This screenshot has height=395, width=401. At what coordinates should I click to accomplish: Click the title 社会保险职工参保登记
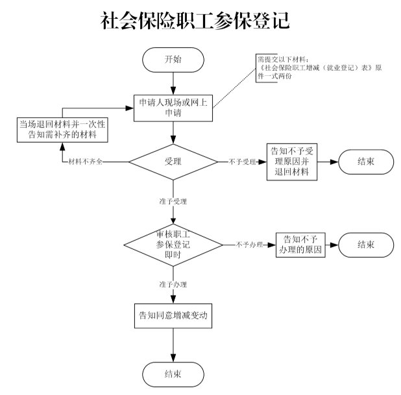(195, 21)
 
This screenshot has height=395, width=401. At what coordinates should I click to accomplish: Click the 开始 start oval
(173, 59)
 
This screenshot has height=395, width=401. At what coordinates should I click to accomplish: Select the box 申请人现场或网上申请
(173, 107)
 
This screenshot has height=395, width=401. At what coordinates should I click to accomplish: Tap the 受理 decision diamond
(173, 161)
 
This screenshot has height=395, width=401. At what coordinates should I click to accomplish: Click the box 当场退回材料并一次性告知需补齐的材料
(62, 129)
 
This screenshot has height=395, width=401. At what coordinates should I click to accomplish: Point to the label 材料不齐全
(86, 162)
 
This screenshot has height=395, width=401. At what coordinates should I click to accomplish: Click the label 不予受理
(242, 162)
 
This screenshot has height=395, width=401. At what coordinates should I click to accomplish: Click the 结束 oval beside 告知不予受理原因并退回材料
(365, 162)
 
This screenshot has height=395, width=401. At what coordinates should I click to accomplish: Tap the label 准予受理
(173, 202)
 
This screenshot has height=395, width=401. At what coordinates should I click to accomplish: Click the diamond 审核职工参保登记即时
(173, 245)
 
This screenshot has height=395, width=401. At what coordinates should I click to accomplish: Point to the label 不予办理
(249, 245)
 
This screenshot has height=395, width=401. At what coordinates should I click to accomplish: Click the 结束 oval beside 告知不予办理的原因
(365, 245)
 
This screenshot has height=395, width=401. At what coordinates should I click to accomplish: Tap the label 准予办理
(173, 284)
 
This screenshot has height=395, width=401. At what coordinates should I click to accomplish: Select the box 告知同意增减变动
(173, 317)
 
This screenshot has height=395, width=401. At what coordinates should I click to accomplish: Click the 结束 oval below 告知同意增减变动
(173, 374)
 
